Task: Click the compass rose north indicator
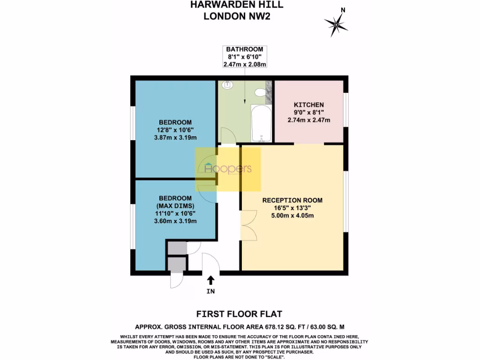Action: (x=336, y=22)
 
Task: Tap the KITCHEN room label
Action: (x=308, y=105)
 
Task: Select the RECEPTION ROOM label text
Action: (x=292, y=200)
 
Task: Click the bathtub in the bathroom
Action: (x=261, y=123)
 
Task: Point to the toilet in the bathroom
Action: (x=260, y=93)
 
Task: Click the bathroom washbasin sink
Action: (x=228, y=85)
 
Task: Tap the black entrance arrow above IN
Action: (x=210, y=280)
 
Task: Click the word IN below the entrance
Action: (x=210, y=291)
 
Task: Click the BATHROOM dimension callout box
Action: (x=245, y=57)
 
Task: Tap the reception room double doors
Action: (x=248, y=225)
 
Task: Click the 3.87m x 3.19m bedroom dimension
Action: (x=175, y=137)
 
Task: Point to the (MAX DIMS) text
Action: (x=175, y=205)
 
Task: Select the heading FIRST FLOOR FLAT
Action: (x=240, y=314)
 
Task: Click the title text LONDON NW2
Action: (x=237, y=16)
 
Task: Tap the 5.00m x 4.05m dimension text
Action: (x=292, y=216)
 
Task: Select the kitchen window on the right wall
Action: (x=346, y=109)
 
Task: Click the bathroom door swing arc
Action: (x=228, y=136)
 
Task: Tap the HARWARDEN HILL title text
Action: (x=237, y=5)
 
